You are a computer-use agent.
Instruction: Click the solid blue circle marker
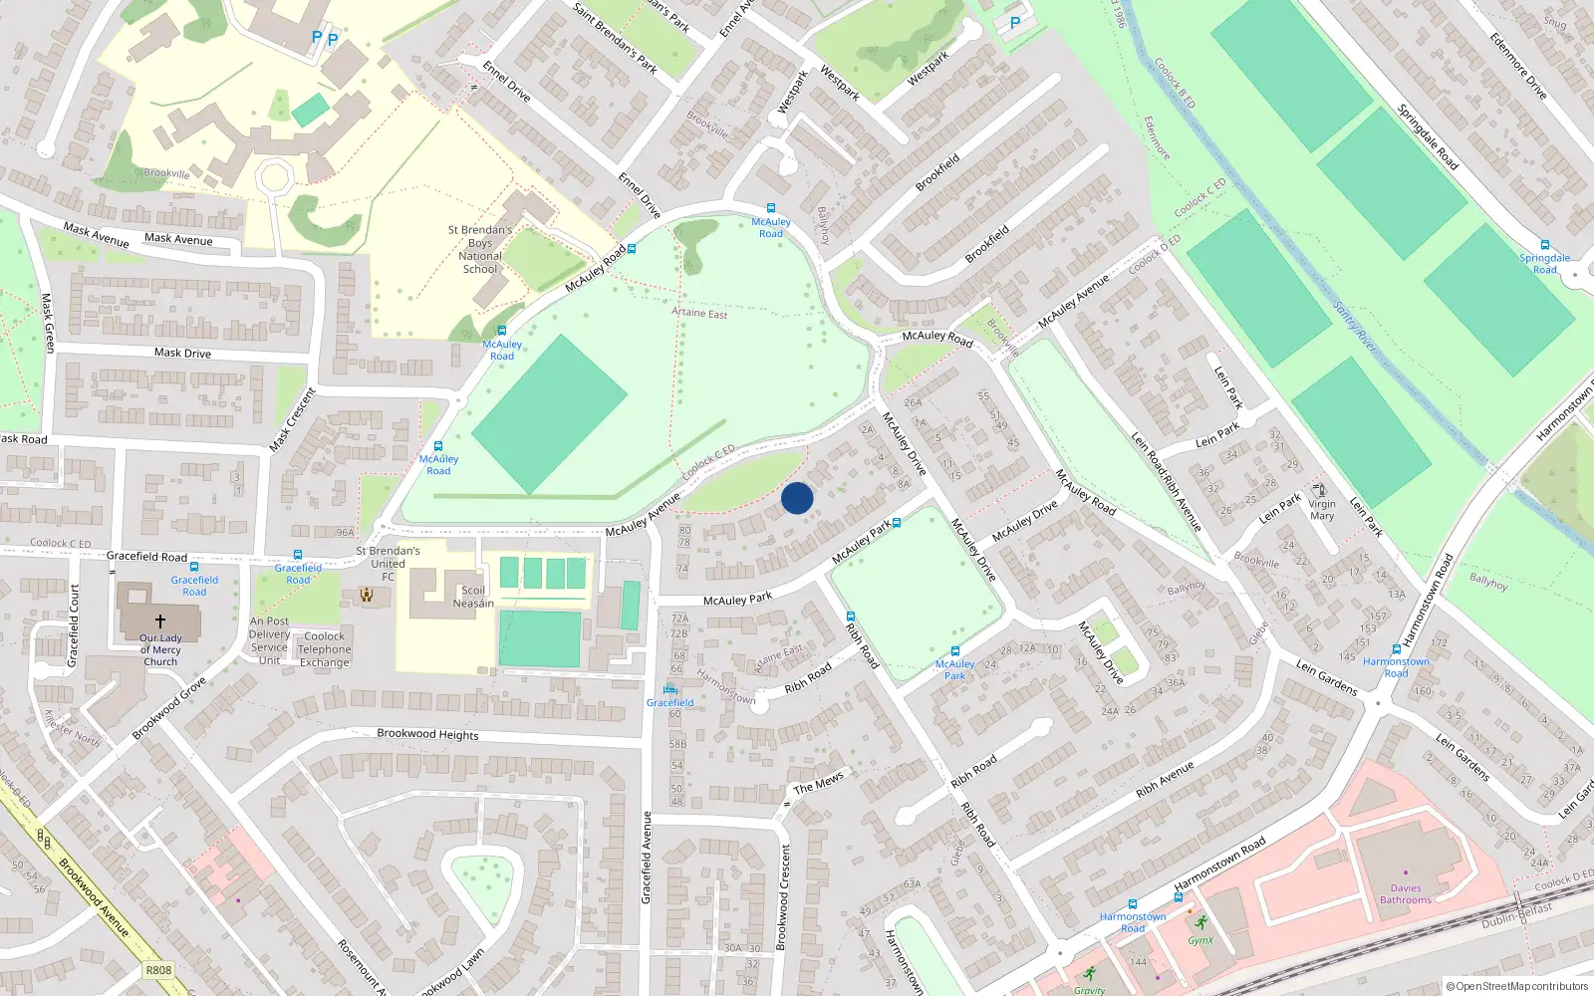point(797,498)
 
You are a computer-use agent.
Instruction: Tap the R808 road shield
point(158,970)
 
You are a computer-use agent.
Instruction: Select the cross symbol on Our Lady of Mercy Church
point(159,621)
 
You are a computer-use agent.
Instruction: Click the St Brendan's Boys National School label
point(480,249)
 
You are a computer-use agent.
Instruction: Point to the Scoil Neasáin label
point(473,597)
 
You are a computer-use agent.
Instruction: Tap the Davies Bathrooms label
point(1406,893)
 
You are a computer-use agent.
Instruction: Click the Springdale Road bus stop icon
point(1545,245)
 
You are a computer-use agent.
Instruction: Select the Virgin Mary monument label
point(1322,510)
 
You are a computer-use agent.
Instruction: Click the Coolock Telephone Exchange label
point(325,649)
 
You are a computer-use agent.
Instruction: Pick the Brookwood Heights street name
point(427,734)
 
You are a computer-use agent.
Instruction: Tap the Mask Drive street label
point(182,353)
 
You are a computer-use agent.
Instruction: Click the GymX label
point(1200,940)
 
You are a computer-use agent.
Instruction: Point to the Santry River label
point(1355,328)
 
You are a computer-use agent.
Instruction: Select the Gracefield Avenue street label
point(647,858)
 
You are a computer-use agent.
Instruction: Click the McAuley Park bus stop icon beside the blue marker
point(898,522)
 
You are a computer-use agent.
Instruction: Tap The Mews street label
point(819,783)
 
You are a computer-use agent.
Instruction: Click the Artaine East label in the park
point(699,313)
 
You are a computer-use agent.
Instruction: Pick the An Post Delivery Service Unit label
point(269,640)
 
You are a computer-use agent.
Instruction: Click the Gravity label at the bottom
point(1089,990)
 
